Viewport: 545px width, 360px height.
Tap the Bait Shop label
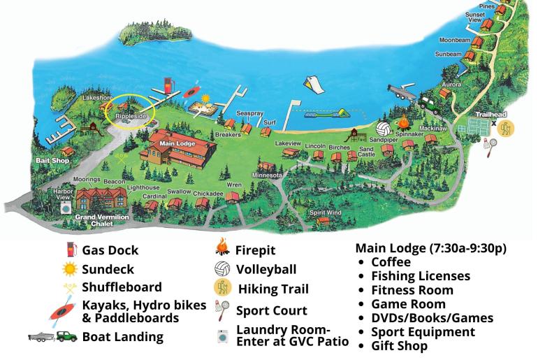coord(50,160)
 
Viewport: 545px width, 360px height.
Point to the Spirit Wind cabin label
coord(326,212)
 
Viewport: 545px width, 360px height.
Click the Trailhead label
coord(490,114)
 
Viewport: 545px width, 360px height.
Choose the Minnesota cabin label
coord(267,174)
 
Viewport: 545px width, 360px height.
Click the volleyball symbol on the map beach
coord(384,129)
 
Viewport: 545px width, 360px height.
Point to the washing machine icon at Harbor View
coord(66,208)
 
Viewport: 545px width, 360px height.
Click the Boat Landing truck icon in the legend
coord(53,336)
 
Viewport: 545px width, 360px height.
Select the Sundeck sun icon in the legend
coord(69,268)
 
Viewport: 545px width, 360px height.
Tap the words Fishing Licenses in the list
coord(421,276)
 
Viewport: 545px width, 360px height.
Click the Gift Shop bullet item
coord(399,345)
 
